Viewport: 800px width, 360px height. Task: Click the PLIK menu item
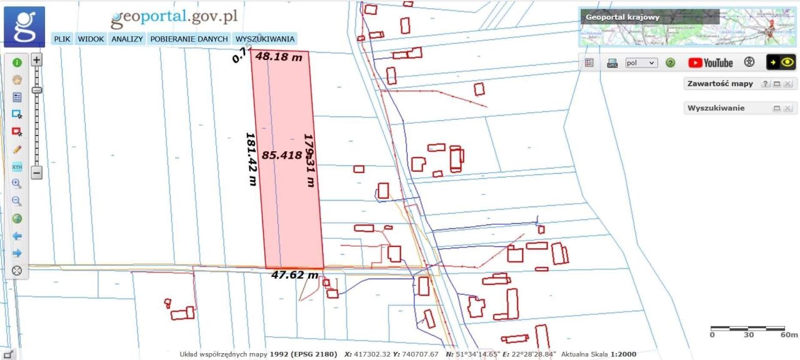(62, 39)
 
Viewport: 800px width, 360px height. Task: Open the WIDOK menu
(91, 39)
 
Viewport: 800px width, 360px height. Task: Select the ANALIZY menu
(127, 39)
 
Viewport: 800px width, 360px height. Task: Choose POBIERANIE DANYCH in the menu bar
(189, 39)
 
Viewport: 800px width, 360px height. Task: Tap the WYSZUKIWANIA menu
(265, 39)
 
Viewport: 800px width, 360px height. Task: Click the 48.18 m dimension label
(279, 57)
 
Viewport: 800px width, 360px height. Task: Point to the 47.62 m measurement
(294, 274)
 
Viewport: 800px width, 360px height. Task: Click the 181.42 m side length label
(251, 159)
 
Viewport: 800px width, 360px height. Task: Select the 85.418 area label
(281, 155)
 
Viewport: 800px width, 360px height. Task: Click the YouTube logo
(710, 62)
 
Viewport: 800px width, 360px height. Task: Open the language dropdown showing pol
(642, 62)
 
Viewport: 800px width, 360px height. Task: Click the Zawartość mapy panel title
(720, 84)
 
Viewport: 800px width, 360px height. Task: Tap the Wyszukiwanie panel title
(716, 108)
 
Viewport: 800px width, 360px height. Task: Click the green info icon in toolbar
(17, 62)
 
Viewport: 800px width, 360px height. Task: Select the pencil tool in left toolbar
(17, 149)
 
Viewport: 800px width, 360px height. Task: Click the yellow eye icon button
(781, 62)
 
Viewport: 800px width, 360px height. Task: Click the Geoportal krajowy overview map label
(622, 17)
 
